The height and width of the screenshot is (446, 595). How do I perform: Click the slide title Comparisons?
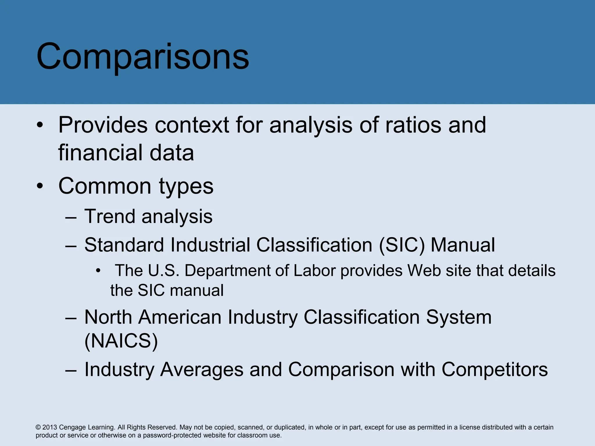pos(142,57)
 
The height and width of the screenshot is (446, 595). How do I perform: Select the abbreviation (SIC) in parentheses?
pos(402,245)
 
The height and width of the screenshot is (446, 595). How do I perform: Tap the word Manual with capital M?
pos(463,245)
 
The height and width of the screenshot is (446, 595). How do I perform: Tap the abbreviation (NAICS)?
pos(121,341)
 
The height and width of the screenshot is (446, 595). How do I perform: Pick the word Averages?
pos(202,370)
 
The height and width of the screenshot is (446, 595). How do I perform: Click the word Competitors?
pos(494,370)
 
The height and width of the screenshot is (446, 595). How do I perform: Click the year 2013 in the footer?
pos(50,427)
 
